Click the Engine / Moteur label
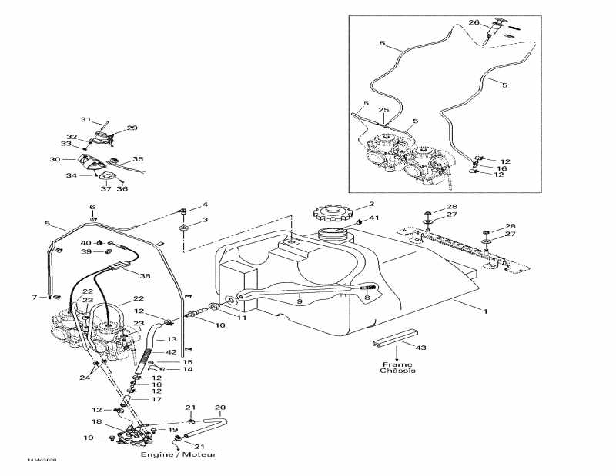(x=178, y=455)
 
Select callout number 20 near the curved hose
(x=219, y=408)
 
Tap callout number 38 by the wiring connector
(x=146, y=275)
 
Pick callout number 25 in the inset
(x=383, y=110)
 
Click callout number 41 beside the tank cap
(x=375, y=219)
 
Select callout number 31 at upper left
(x=85, y=120)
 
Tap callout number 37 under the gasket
(x=107, y=189)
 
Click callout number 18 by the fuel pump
(x=97, y=422)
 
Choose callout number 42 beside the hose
(x=171, y=352)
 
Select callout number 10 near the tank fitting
(x=220, y=325)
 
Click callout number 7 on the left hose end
(x=34, y=297)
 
